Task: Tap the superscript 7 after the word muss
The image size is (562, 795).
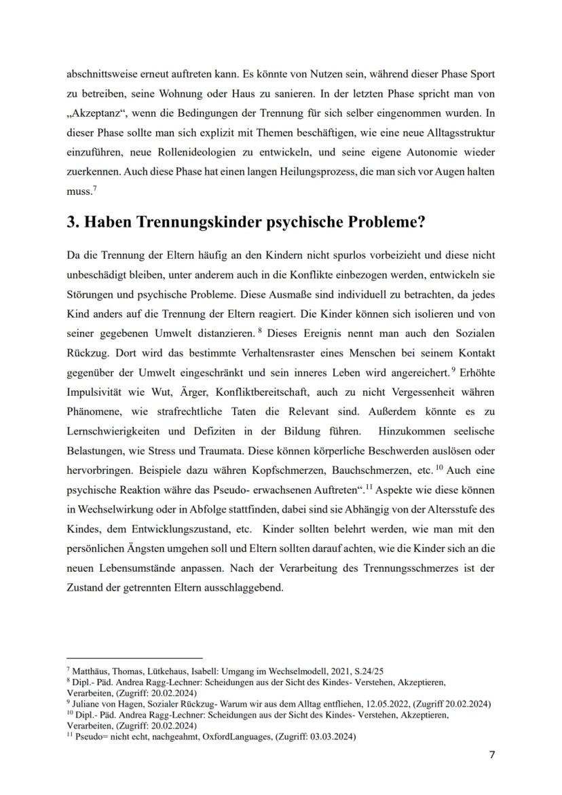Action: tap(94, 191)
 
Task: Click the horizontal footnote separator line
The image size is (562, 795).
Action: tap(135, 658)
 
